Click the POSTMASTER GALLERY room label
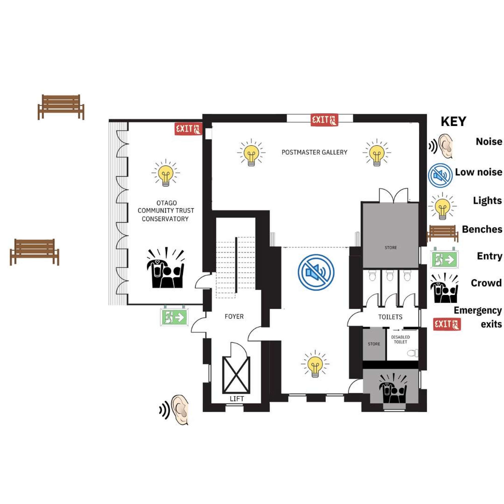(x=314, y=152)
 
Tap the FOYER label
(x=234, y=317)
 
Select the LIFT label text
(x=237, y=399)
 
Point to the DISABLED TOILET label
(x=400, y=339)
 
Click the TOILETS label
(x=390, y=317)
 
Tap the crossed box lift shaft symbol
(x=236, y=375)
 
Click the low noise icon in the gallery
(x=316, y=272)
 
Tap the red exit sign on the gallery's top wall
(x=324, y=120)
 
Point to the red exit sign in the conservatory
(x=188, y=129)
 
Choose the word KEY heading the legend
(x=453, y=121)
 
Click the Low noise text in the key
(x=479, y=172)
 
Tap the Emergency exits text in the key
(x=478, y=317)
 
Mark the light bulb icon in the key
(x=442, y=206)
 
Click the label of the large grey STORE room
(x=391, y=247)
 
